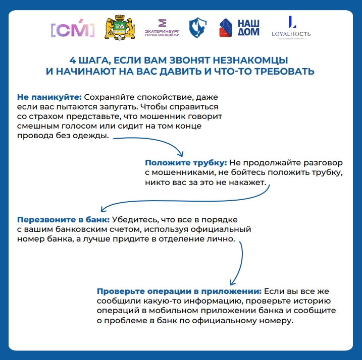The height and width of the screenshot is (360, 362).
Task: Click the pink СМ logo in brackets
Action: click(72, 30)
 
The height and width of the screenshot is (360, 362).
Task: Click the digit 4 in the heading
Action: click(72, 59)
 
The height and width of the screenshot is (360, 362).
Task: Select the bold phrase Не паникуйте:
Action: click(49, 96)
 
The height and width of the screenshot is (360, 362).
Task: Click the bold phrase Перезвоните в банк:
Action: click(63, 220)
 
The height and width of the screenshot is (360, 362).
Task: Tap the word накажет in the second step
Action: click(249, 183)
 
